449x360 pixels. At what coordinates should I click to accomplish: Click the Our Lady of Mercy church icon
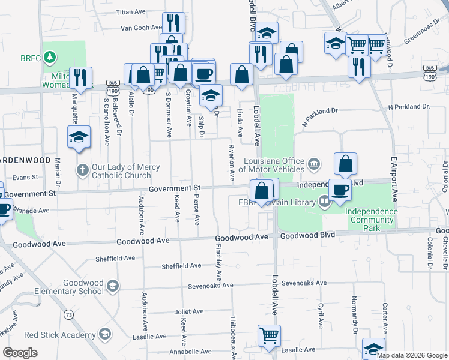pos(83,170)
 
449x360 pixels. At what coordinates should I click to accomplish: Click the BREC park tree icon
pos(51,58)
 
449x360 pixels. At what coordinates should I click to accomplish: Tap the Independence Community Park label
pos(371,220)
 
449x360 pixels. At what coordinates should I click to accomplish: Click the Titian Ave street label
pos(131,11)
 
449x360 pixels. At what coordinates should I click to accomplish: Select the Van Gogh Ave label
pos(142,28)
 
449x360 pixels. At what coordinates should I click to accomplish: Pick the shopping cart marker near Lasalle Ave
pos(269,336)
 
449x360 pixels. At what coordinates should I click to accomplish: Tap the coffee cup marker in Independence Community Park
pos(340,190)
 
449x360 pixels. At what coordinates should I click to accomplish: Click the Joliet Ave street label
pos(189,311)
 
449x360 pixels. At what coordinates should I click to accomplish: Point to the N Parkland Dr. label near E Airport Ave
pos(409,106)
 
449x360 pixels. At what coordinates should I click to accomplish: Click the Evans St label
pos(25,177)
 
